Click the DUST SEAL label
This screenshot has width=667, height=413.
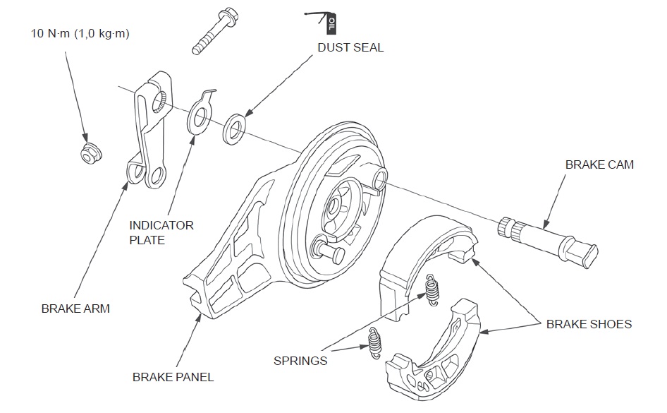click(x=350, y=48)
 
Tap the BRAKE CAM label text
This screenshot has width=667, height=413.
click(x=599, y=164)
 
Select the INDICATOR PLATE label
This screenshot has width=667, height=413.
click(x=161, y=232)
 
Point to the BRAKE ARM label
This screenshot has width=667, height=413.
click(x=75, y=309)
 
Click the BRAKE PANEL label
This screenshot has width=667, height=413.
click(x=173, y=377)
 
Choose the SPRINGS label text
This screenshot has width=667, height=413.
click(x=300, y=361)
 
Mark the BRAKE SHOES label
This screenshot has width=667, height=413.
click(x=589, y=324)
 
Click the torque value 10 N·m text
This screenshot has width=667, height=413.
click(x=80, y=33)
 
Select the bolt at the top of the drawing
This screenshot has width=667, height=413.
click(x=216, y=32)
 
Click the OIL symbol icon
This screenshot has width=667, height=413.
click(x=331, y=23)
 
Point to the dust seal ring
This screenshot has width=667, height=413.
click(x=234, y=130)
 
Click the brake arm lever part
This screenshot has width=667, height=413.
click(x=150, y=134)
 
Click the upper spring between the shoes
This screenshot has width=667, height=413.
click(x=432, y=287)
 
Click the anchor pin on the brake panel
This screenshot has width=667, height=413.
click(x=326, y=247)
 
